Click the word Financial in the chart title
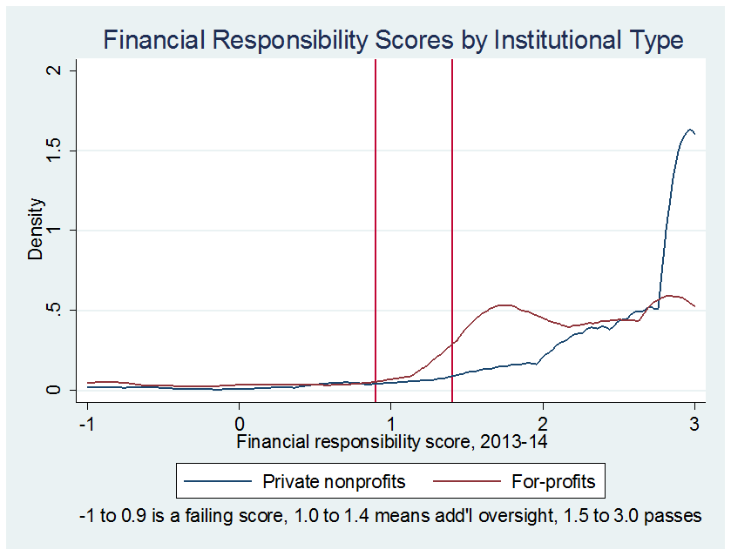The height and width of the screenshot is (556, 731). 152,40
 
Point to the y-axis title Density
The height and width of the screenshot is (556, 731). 36,230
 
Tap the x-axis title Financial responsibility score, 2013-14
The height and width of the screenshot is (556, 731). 390,442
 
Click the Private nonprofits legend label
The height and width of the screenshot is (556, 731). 334,480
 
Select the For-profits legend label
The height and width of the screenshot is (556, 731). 552,480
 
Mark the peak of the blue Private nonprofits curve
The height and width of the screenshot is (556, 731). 690,130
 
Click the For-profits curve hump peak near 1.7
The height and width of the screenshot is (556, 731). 504,305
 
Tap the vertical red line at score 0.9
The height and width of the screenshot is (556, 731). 376,218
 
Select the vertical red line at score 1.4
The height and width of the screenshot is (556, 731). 452,218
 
